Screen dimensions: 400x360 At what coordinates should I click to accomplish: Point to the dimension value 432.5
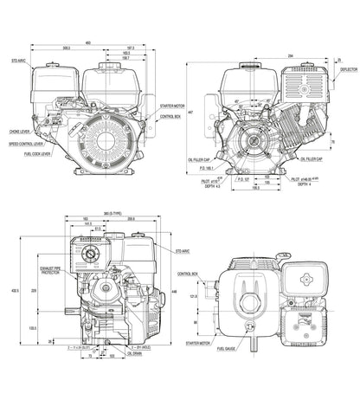pyautogui.click(x=10, y=290)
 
